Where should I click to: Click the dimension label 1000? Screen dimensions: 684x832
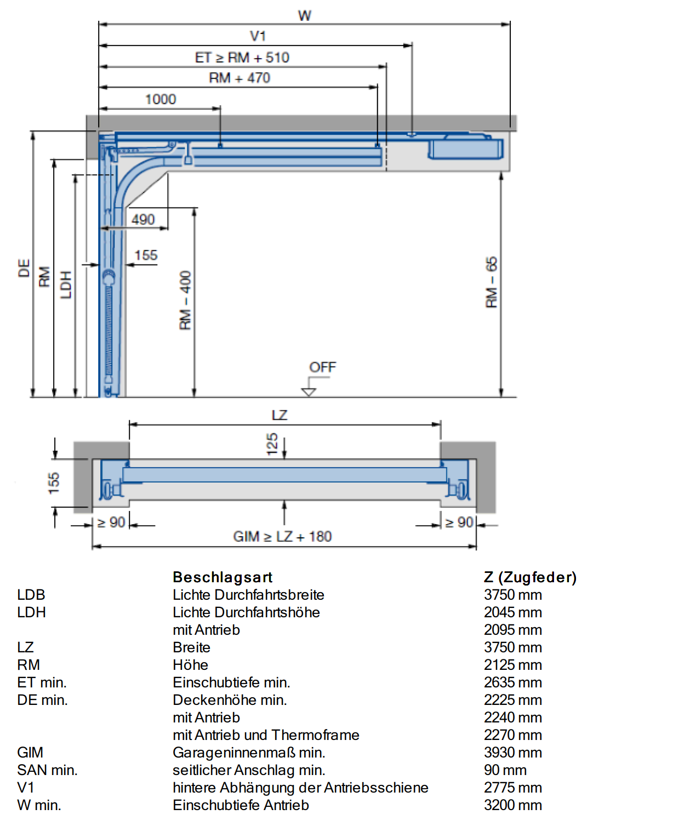[x=161, y=99]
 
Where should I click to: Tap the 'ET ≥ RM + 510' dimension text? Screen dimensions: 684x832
[x=242, y=58]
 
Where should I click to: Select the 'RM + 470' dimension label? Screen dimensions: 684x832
[x=239, y=78]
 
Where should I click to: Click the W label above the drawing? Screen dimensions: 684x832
[x=304, y=16]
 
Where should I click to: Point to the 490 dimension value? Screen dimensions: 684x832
[x=143, y=219]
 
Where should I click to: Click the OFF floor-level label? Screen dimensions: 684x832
[x=322, y=367]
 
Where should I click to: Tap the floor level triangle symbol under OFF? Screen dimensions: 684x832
[x=308, y=392]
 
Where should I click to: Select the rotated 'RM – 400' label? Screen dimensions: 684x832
[x=185, y=300]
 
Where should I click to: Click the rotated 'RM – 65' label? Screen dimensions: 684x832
[x=492, y=282]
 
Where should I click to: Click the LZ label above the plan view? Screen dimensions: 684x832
[x=280, y=415]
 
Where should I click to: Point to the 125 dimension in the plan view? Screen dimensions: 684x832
[x=272, y=444]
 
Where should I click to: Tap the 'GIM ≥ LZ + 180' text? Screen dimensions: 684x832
[x=282, y=537]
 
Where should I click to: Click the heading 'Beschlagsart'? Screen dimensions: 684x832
[x=223, y=577]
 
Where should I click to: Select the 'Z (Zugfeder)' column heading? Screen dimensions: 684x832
[x=530, y=577]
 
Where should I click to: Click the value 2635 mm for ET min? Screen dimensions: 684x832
[x=512, y=682]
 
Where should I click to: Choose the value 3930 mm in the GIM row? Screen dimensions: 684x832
[x=512, y=753]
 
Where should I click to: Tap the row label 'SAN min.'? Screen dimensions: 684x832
[x=47, y=770]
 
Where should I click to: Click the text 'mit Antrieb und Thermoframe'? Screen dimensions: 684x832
[x=266, y=735]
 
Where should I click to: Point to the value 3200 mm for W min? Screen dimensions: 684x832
[x=512, y=805]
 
